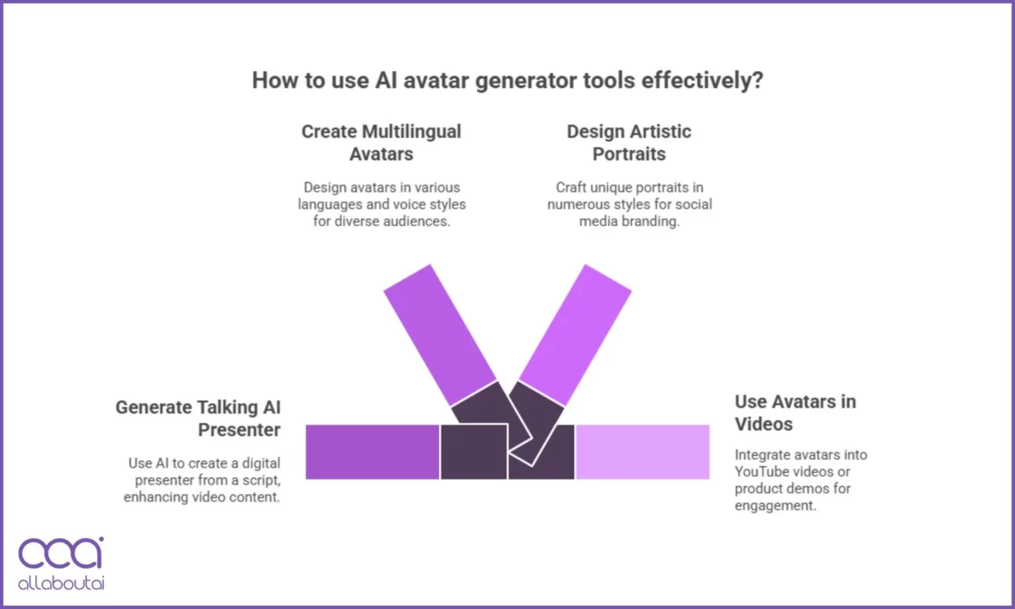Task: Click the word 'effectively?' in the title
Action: click(x=702, y=80)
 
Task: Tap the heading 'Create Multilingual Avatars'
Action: click(x=381, y=143)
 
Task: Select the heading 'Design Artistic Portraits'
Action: click(x=629, y=143)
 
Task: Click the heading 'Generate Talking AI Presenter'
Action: click(x=198, y=418)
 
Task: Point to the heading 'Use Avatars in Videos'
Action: click(x=795, y=413)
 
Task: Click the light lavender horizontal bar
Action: click(x=643, y=452)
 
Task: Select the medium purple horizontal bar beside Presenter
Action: click(x=372, y=452)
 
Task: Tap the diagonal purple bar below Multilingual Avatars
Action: click(x=440, y=335)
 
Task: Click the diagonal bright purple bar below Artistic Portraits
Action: click(x=575, y=335)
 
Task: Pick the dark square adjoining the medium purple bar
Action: click(x=474, y=452)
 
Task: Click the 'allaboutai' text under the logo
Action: click(x=61, y=583)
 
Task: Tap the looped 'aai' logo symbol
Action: click(x=61, y=553)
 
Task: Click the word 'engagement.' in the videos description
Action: click(x=776, y=506)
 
